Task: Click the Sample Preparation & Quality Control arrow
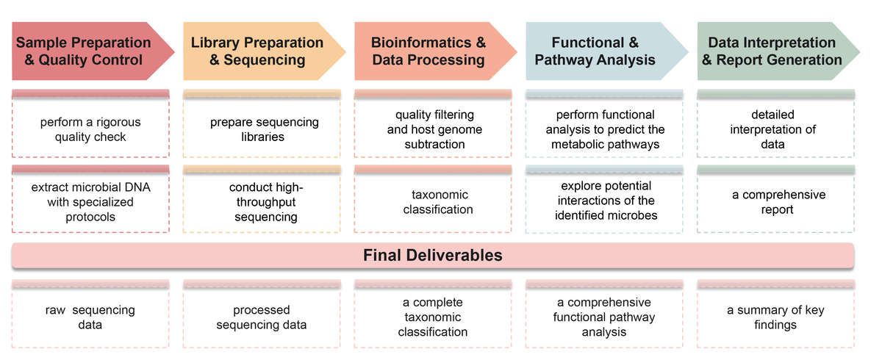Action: [x=84, y=51]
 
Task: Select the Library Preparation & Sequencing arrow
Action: [x=257, y=51]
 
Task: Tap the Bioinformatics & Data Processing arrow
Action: [x=429, y=51]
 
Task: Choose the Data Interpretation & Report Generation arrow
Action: [x=772, y=51]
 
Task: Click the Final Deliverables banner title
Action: [x=433, y=255]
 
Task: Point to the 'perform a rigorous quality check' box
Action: [x=90, y=129]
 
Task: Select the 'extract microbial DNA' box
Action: [x=90, y=201]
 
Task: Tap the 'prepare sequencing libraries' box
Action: [x=262, y=129]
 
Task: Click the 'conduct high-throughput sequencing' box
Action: [x=262, y=201]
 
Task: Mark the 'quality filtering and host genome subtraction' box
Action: [x=434, y=129]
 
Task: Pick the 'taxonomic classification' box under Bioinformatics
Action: [x=434, y=201]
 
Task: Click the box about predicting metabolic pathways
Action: [x=605, y=129]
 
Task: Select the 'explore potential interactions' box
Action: [x=605, y=201]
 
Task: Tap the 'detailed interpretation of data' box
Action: [x=776, y=129]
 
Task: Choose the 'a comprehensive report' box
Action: [x=776, y=201]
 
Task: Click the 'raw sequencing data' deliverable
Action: [x=90, y=317]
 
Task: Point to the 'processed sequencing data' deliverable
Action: [x=262, y=317]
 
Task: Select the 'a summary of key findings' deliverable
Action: [x=776, y=317]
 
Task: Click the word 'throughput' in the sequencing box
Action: [x=265, y=202]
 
